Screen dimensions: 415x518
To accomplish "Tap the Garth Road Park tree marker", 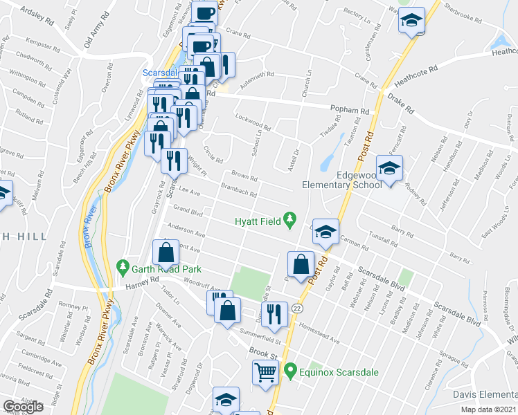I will coord(123,265).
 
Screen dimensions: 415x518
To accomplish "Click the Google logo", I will coord(23,407).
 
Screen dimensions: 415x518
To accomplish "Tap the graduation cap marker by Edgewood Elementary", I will coord(389,168).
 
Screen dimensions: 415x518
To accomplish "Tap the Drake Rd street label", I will coord(400,104).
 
